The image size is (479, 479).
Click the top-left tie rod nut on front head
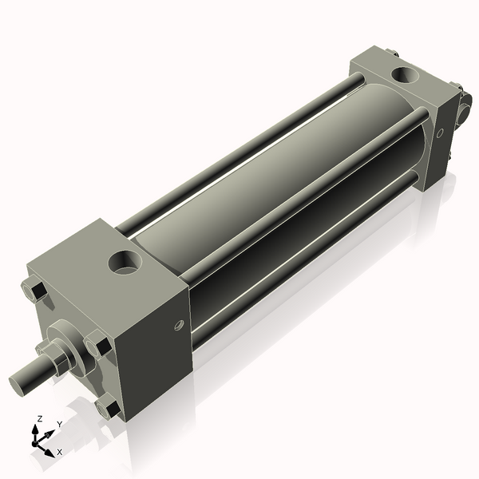tap(34, 291)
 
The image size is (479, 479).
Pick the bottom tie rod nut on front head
tap(106, 408)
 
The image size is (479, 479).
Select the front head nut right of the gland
tap(99, 349)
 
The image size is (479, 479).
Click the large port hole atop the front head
tap(125, 261)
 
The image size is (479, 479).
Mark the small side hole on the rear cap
tap(437, 133)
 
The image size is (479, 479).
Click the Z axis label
tap(40, 419)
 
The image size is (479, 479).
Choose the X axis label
tap(59, 452)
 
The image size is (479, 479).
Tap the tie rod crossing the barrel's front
tap(303, 192)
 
